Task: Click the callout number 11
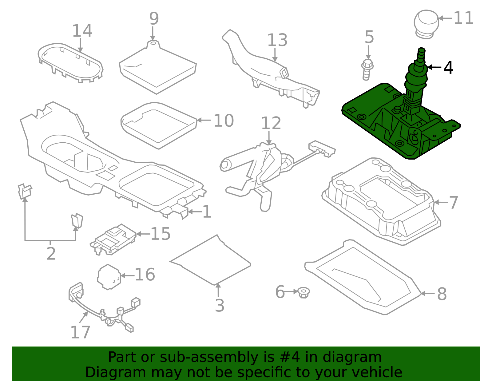[x=463, y=18]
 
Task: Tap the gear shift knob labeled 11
[x=426, y=23]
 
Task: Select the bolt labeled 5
[x=367, y=69]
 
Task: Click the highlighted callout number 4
[x=448, y=68]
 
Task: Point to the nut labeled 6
[x=304, y=292]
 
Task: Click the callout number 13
[x=277, y=40]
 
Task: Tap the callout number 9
[x=154, y=19]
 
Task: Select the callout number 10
[x=224, y=121]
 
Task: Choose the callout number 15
[x=160, y=234]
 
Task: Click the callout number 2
[x=51, y=254]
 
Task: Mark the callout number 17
[x=80, y=332]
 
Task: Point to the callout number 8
[x=442, y=294]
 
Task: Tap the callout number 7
[x=454, y=203]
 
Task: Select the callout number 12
[x=271, y=123]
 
